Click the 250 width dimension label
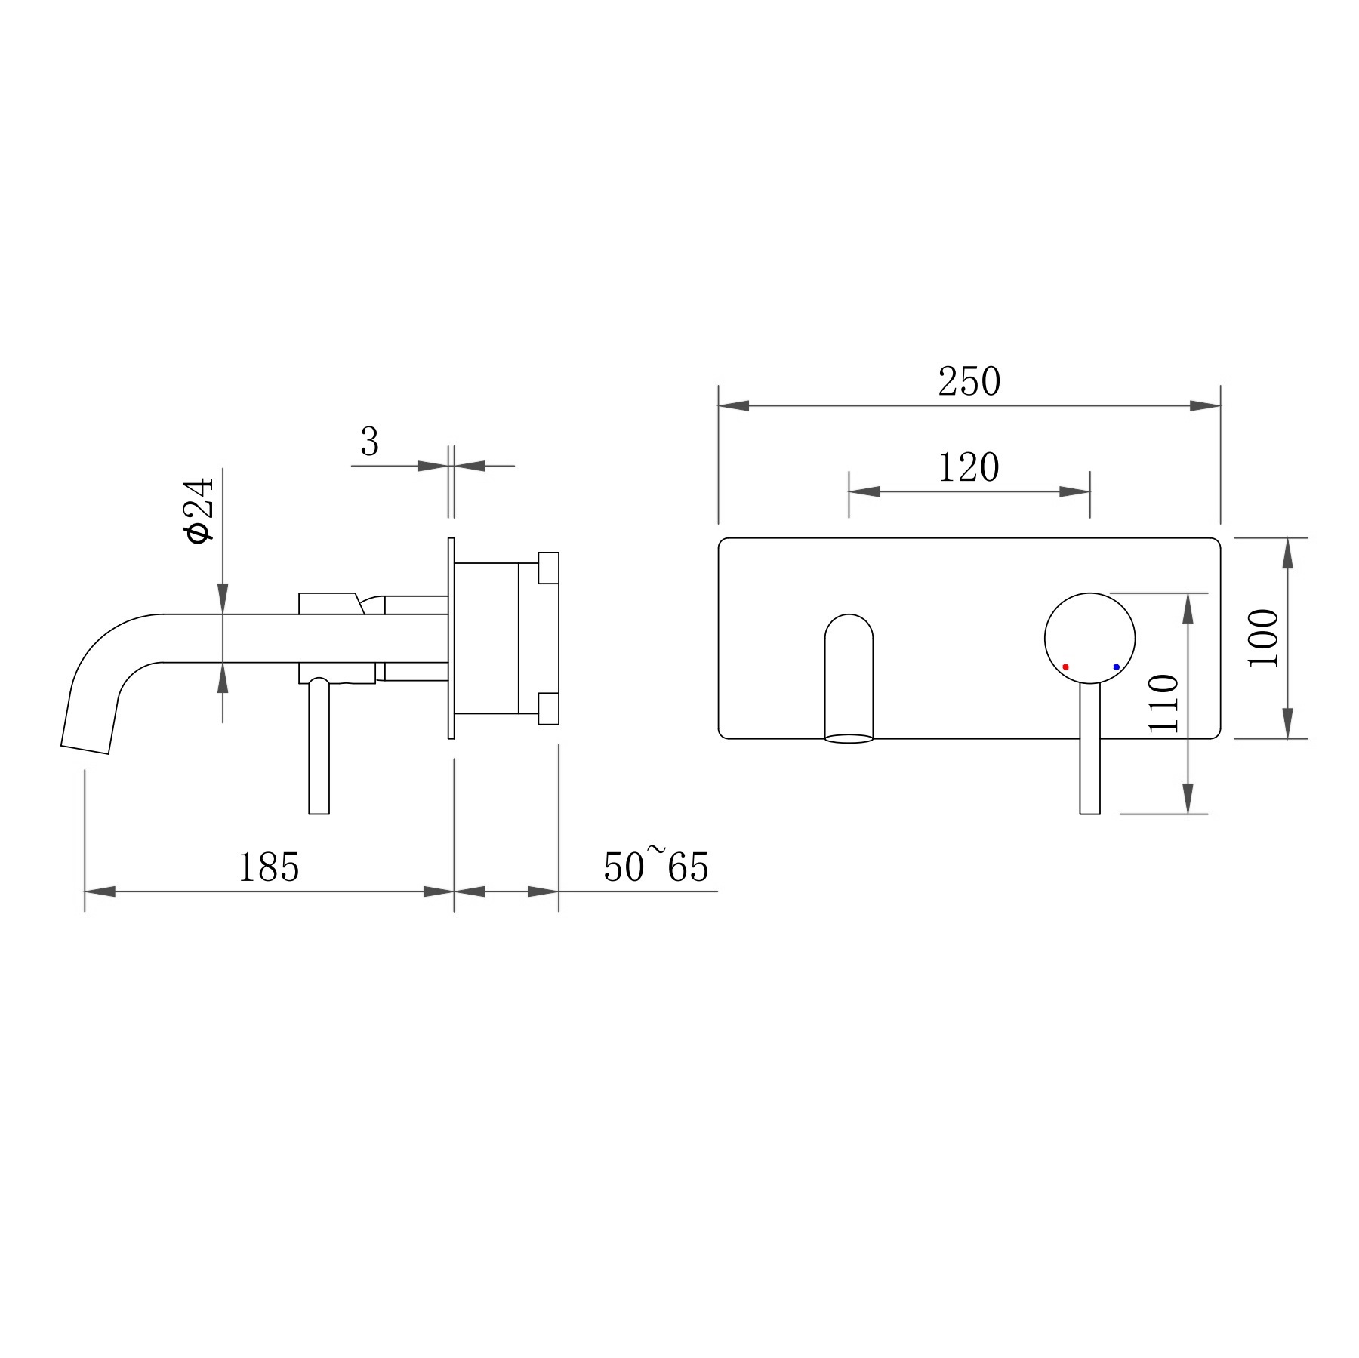pyautogui.click(x=969, y=381)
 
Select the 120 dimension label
pyautogui.click(x=969, y=467)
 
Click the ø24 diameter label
pyautogui.click(x=199, y=510)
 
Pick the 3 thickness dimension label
pyautogui.click(x=369, y=442)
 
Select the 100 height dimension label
pyautogui.click(x=1264, y=638)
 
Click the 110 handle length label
pyautogui.click(x=1163, y=704)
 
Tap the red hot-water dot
pyautogui.click(x=1065, y=667)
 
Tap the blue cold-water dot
pyautogui.click(x=1116, y=667)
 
